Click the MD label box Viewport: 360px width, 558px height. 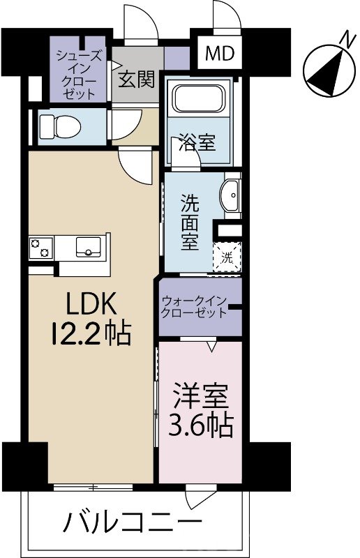(x=220, y=54)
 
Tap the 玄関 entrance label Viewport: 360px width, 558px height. (x=136, y=79)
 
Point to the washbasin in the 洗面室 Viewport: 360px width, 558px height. (x=230, y=196)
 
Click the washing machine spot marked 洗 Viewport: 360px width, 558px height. (x=227, y=257)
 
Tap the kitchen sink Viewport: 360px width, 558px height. (x=89, y=247)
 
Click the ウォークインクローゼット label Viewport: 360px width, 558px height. (x=194, y=307)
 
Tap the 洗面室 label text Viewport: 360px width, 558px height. (x=190, y=223)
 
